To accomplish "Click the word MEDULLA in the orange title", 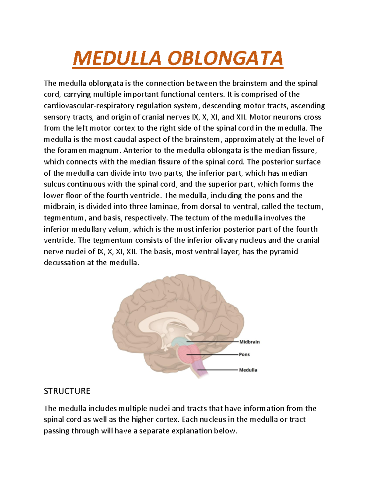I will coord(117,58).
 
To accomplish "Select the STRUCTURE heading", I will coord(67,391).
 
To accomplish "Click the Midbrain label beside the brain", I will coord(250,342).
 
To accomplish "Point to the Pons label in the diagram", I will coord(244,354).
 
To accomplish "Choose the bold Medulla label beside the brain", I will coord(248,370).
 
